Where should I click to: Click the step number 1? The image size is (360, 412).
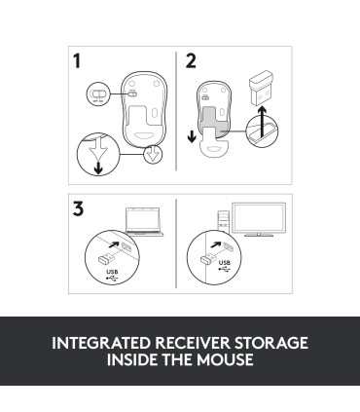pos(77,61)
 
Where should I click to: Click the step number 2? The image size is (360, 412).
pos(191,61)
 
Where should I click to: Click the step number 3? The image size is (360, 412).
pos(78,208)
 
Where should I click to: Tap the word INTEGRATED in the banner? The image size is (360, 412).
pos(101,343)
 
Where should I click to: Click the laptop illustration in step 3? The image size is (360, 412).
pos(144,222)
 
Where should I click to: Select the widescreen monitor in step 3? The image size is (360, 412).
pos(259,219)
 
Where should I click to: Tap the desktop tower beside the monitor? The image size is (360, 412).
pos(224,221)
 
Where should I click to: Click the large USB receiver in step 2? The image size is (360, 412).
pos(261,88)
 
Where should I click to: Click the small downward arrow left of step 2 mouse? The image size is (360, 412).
pos(192,137)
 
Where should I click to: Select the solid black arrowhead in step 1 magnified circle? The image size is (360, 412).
pos(98,169)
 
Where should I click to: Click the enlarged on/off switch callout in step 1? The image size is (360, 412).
pos(98,94)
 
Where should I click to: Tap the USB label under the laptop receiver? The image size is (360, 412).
pos(112,272)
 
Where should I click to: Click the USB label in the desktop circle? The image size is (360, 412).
pos(225,263)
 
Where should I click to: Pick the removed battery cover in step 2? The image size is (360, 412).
pos(214,146)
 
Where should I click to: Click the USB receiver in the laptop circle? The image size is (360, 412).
pos(106,259)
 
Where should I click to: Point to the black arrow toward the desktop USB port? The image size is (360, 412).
pos(216,244)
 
